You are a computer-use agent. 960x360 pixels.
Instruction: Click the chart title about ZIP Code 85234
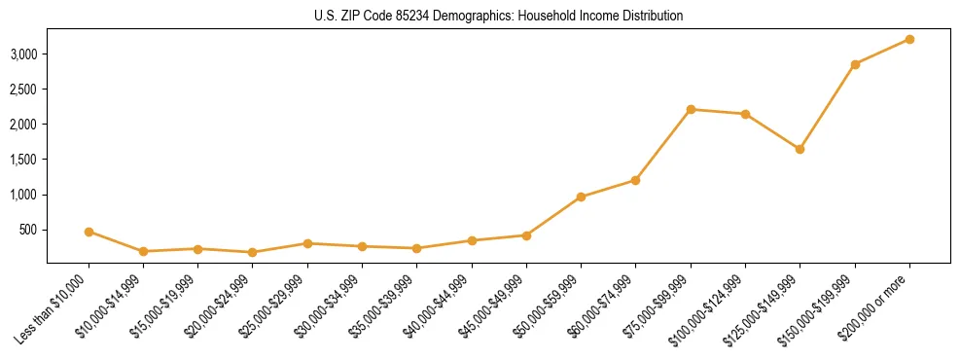tap(499, 16)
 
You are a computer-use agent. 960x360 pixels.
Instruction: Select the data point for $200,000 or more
tap(909, 39)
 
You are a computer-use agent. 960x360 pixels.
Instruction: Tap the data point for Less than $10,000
tap(89, 232)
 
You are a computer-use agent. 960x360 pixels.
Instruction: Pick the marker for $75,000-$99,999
tap(691, 109)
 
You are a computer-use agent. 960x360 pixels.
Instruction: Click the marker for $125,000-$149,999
tap(800, 149)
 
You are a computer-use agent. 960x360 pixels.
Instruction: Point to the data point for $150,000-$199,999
tap(855, 64)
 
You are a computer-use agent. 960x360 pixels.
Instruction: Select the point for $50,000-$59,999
tap(581, 197)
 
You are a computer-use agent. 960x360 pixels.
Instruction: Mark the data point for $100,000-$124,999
tap(745, 114)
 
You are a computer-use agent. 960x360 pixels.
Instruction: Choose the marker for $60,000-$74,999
tap(635, 180)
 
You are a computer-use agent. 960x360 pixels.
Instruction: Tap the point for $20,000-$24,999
tap(253, 252)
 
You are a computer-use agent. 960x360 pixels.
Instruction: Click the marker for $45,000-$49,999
tap(526, 235)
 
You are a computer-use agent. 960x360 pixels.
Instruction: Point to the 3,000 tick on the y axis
tap(24, 54)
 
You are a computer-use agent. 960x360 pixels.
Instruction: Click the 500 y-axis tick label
tap(29, 230)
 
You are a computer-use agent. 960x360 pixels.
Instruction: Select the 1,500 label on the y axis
tap(24, 160)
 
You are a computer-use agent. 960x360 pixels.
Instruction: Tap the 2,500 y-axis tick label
tap(24, 89)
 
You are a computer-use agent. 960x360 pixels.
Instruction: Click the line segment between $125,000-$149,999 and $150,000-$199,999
tap(827, 107)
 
